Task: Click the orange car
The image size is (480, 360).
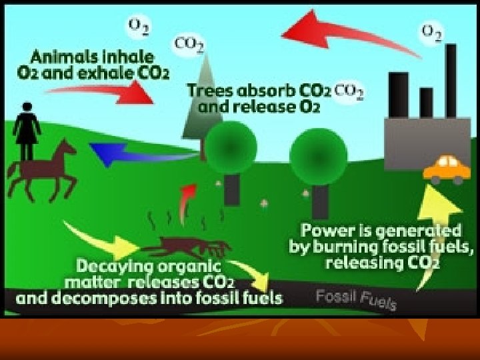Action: pos(447,169)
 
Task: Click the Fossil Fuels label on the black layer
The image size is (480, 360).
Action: pos(357,299)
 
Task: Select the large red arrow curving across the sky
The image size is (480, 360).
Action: pos(347,30)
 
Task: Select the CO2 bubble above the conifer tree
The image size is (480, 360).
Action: pos(189,43)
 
